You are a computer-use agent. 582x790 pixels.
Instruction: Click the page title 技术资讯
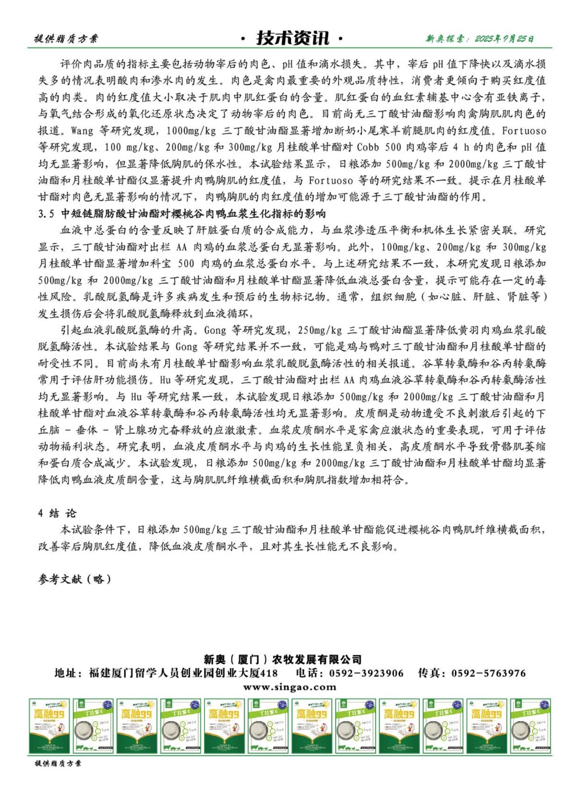(292, 38)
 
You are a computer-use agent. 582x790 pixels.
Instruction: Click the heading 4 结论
(57, 513)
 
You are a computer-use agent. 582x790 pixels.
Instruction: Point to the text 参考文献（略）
(75, 579)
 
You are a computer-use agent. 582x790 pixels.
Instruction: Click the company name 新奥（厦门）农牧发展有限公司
(283, 659)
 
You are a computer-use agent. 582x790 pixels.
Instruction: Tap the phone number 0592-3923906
(366, 673)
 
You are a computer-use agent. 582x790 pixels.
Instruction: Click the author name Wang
(82, 131)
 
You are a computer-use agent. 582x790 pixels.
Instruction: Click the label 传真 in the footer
(429, 673)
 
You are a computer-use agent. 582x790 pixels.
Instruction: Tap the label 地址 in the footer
(66, 673)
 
